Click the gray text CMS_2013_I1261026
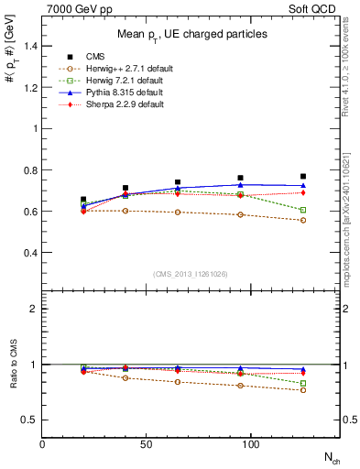[191, 275]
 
